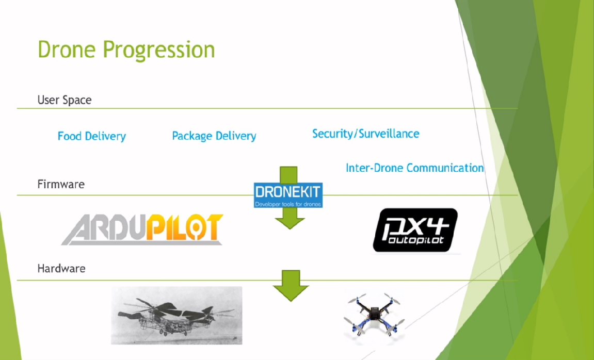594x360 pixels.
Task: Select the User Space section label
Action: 65,100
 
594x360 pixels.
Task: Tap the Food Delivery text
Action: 91,136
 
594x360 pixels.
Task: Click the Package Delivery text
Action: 214,136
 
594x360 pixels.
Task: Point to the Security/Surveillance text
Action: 365,134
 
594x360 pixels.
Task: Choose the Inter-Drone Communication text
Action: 414,168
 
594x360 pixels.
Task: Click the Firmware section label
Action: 61,184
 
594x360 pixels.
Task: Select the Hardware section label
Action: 61,269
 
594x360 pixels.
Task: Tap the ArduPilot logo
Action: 143,229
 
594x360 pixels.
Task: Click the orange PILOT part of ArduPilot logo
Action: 184,228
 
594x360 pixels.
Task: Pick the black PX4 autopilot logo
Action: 415,230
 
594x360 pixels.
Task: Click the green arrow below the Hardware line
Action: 290,286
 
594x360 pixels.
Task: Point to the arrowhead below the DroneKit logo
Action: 290,222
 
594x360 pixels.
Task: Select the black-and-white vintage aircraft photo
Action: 176,315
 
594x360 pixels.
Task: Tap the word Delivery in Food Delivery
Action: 105,136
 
